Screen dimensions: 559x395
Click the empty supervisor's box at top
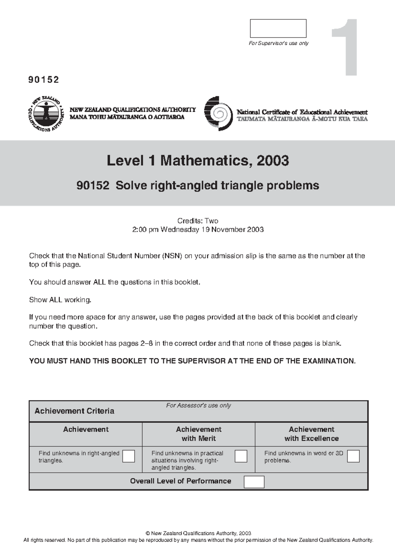pos(278,28)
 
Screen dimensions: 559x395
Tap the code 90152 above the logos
pos(44,80)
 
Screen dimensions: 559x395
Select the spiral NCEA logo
pos(216,114)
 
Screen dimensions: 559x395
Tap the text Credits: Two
pos(197,221)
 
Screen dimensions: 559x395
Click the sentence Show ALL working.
pos(60,300)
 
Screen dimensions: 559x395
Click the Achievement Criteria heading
pos(74,411)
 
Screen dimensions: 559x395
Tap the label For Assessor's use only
pos(198,406)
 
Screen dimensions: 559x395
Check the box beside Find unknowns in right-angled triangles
pos(128,456)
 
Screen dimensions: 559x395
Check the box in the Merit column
pos(241,456)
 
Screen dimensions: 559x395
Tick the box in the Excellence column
pos(353,456)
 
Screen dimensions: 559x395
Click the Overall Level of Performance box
pos(254,482)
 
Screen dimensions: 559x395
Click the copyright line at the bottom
pos(198,533)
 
